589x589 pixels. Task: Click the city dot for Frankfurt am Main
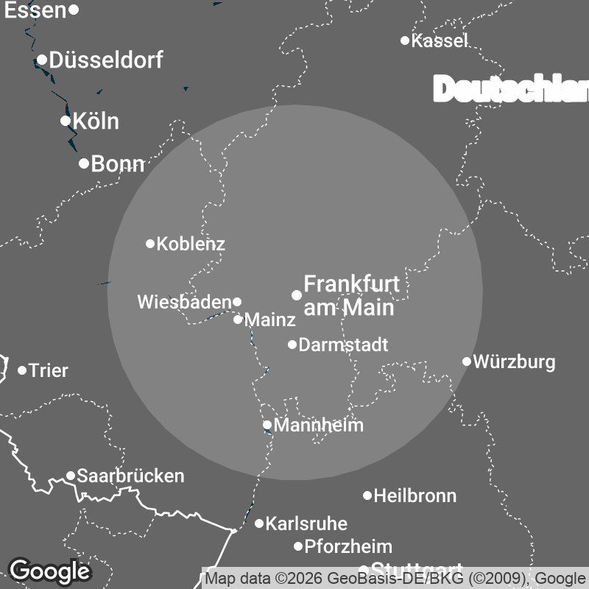tap(297, 295)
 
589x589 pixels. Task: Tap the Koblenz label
tap(191, 244)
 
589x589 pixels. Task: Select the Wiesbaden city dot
tap(237, 302)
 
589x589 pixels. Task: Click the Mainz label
tap(269, 320)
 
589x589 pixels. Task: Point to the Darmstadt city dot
tap(292, 345)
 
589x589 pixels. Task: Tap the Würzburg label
tap(514, 361)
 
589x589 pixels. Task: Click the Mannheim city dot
tap(267, 425)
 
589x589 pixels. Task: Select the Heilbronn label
tap(415, 496)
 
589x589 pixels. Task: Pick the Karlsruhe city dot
tap(259, 523)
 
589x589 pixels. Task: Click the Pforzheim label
tap(348, 546)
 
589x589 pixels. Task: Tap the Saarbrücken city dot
tap(71, 476)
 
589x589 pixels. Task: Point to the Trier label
tap(48, 370)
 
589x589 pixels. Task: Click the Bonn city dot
tap(84, 163)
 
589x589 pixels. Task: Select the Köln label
tap(96, 121)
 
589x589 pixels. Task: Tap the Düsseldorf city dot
tap(42, 60)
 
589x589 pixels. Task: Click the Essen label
tap(35, 10)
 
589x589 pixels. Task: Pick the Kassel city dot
tap(405, 40)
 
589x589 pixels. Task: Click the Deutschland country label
tap(511, 90)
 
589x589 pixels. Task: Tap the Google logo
tap(49, 571)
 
